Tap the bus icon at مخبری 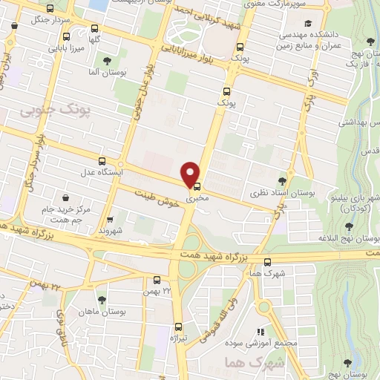pos(197,187)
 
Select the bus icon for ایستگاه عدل pos(102,160)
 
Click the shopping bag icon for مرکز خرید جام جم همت pos(68,198)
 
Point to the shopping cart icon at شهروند pos(110,220)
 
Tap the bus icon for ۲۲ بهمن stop pos(157,281)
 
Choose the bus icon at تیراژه pos(178,327)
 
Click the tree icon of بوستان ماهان pos(102,300)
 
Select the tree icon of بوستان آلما pos(108,60)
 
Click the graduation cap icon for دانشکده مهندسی pos(307,22)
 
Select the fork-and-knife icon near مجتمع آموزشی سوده pos(260,332)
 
